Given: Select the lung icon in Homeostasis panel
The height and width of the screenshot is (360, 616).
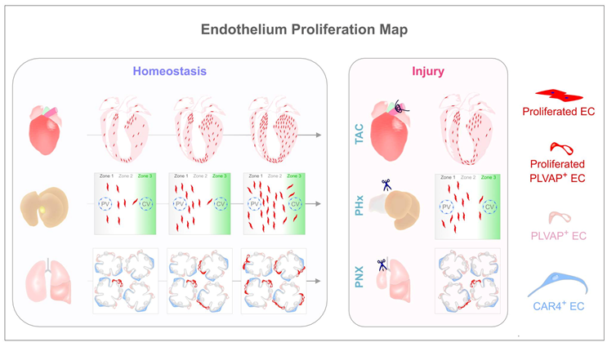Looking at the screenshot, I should pyautogui.click(x=45, y=278).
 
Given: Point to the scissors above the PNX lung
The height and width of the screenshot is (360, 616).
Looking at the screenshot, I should pyautogui.click(x=382, y=264).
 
